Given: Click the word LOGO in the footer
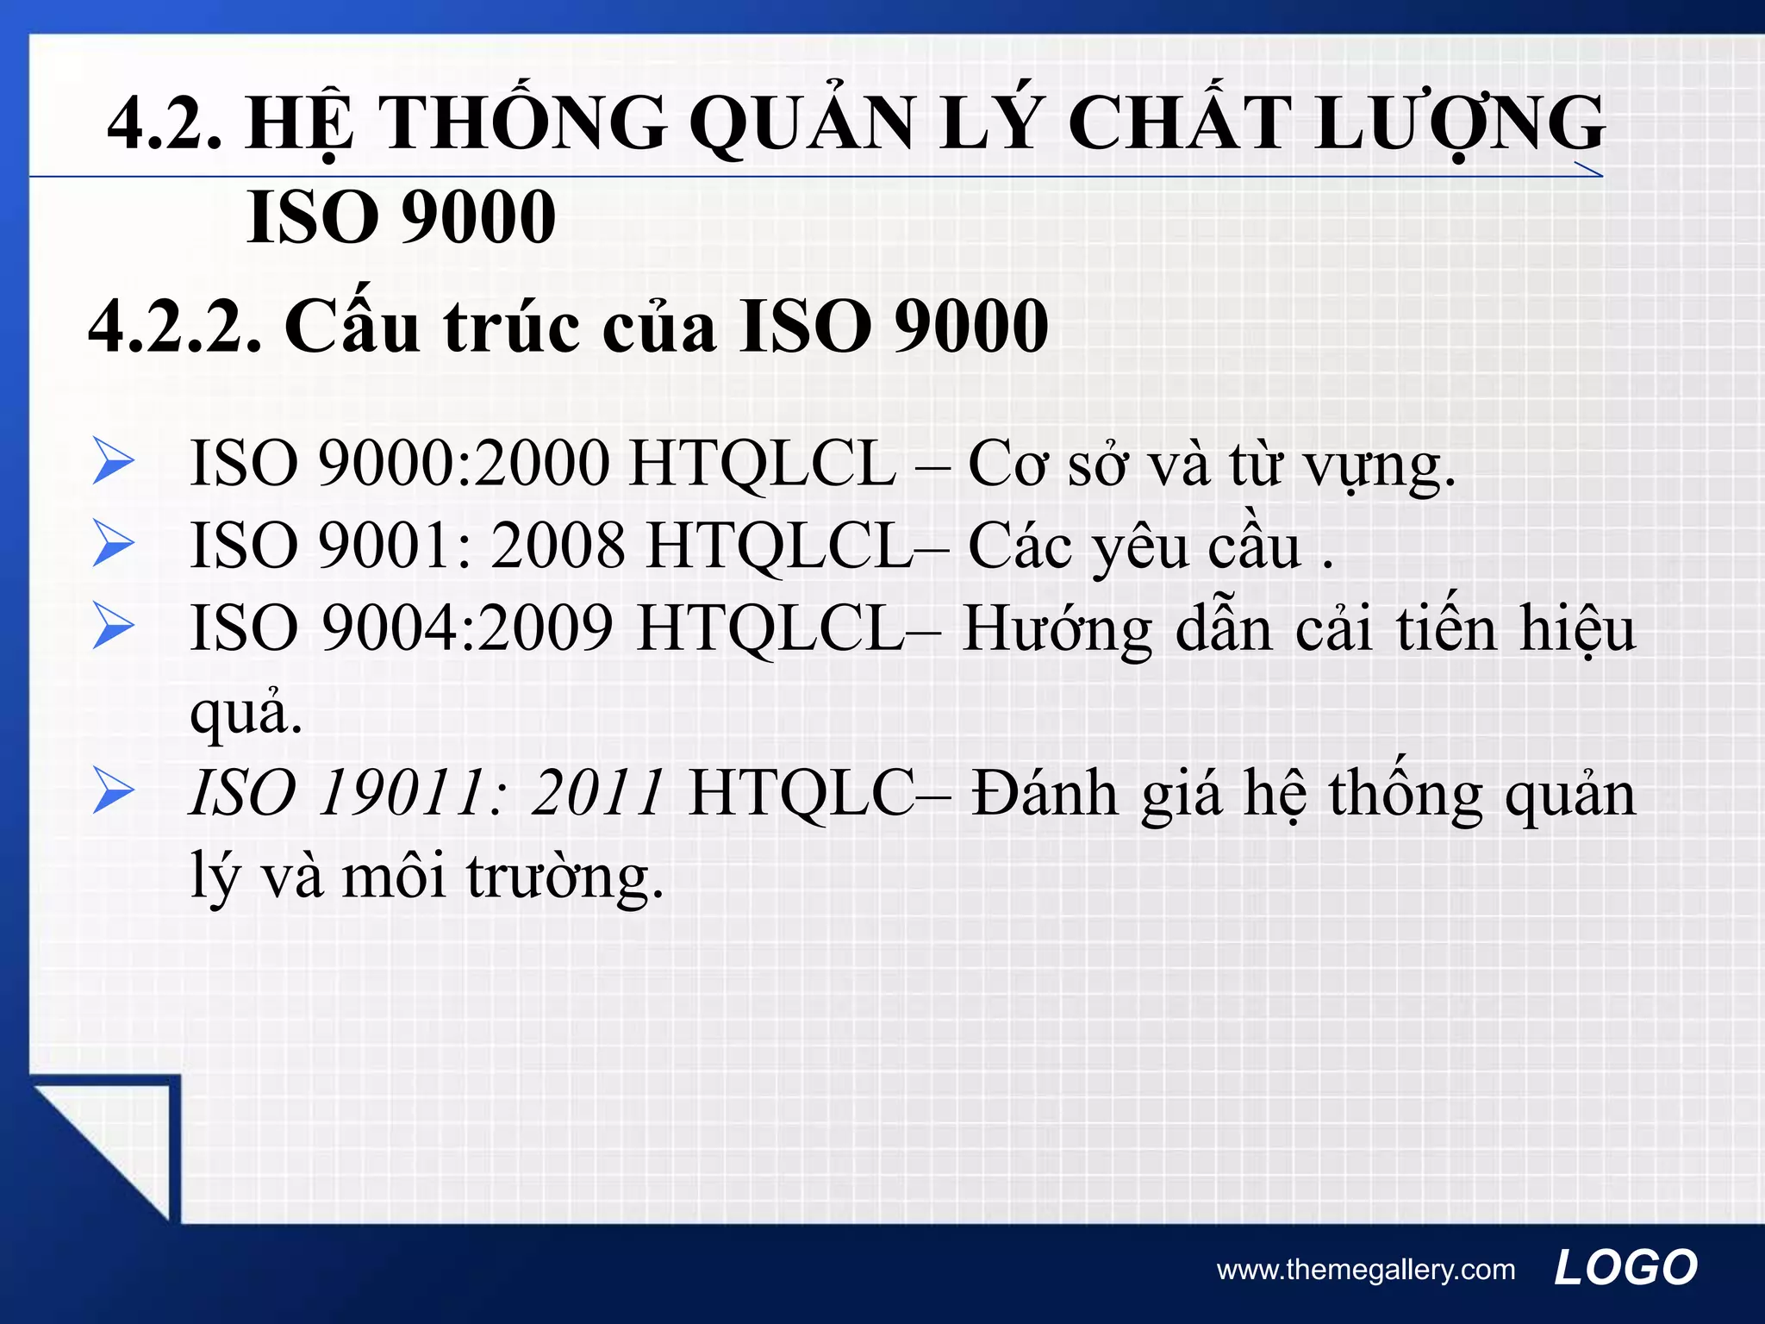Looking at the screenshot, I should click(1625, 1268).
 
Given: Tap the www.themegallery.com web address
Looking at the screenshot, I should click(1365, 1270).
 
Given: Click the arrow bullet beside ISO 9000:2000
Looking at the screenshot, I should click(113, 462).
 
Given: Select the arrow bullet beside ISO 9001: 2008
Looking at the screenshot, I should click(113, 544).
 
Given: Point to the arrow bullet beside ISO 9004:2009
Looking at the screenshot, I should click(113, 626).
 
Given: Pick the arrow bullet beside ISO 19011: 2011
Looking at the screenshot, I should click(113, 791).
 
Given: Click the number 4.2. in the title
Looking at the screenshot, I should click(164, 123).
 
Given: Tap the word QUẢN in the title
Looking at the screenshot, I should click(801, 123).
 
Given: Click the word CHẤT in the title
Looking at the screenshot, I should click(1190, 123).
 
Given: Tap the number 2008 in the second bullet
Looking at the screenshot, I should click(558, 545).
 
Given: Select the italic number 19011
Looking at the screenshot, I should click(401, 792).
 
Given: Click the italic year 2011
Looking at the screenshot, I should click(597, 792).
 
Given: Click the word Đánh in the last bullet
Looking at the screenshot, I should click(1045, 792).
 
